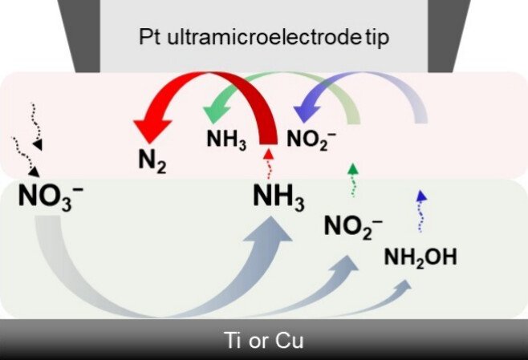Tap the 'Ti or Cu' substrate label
click(263, 341)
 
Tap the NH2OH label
click(420, 257)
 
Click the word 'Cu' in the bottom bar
click(290, 341)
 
